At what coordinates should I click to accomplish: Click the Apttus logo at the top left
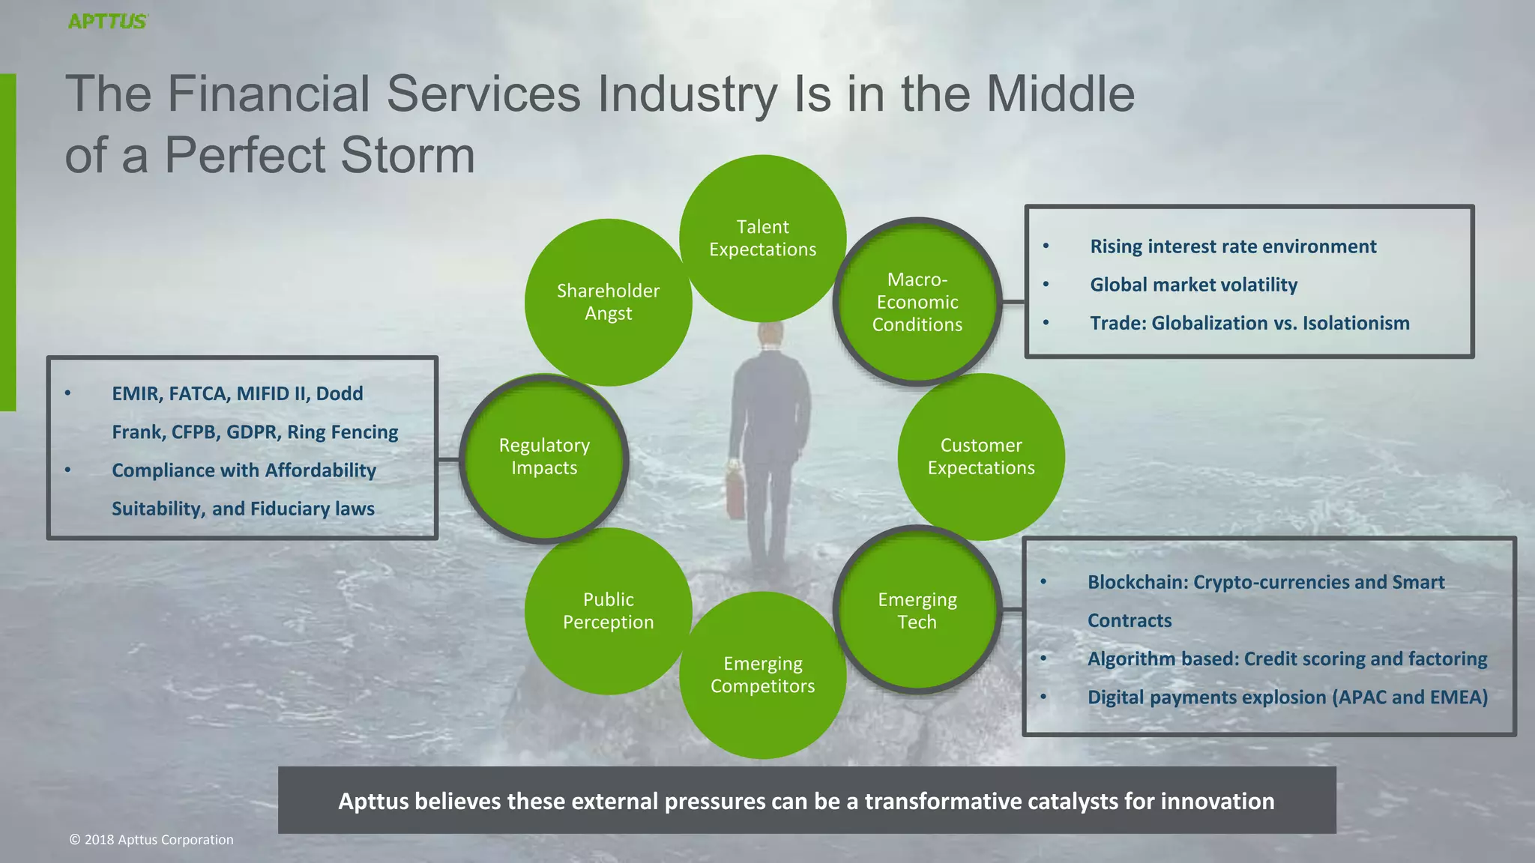coord(108,21)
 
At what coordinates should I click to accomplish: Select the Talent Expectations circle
coord(762,238)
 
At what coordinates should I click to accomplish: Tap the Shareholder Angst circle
coord(608,302)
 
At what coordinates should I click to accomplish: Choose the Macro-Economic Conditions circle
coord(917,302)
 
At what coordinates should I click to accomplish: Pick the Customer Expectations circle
coord(980,456)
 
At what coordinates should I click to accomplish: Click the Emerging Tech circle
coord(917,611)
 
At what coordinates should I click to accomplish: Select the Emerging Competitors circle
coord(762,674)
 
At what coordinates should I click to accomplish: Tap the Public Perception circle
coord(608,611)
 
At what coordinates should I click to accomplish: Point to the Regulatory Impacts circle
coord(544,456)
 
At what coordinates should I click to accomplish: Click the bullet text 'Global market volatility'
coord(1193,285)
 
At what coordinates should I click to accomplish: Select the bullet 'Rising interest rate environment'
coord(1233,246)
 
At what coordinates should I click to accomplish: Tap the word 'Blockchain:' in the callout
coord(1138,582)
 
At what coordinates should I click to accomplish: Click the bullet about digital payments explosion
coord(1287,697)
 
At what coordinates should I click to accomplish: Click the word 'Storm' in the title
coord(408,156)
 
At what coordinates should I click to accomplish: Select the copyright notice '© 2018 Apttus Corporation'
coord(151,840)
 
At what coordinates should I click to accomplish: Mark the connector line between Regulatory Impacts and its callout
coord(448,459)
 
